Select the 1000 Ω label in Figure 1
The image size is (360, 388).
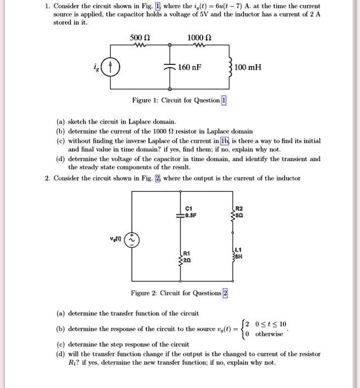(x=197, y=38)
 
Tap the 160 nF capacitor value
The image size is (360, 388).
(x=189, y=68)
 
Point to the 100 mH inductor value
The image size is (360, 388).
(x=248, y=68)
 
